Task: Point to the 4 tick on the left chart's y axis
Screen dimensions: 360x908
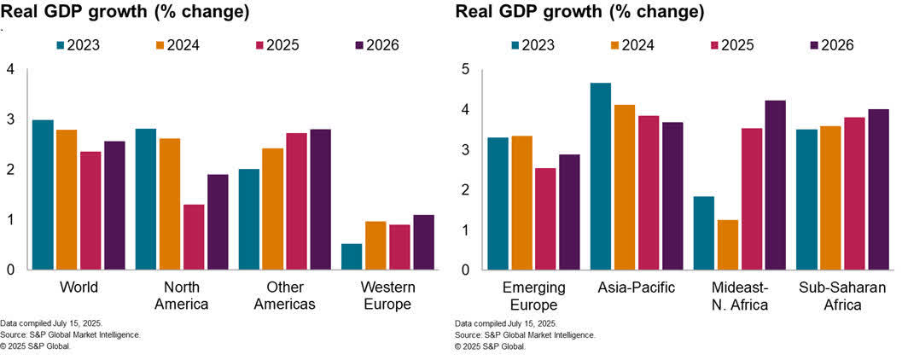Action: click(9, 69)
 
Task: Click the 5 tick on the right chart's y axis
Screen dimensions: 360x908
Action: click(466, 69)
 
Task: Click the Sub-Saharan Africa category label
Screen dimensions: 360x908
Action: click(843, 295)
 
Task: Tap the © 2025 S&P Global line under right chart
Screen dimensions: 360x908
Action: click(490, 346)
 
